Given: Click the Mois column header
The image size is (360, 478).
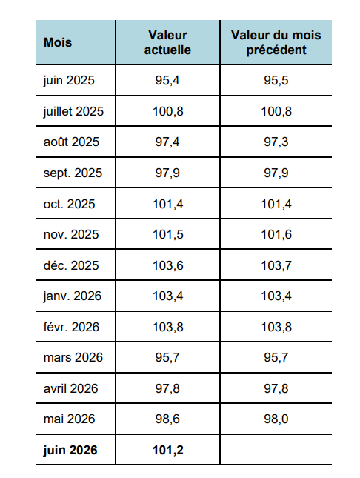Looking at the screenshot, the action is click(58, 42).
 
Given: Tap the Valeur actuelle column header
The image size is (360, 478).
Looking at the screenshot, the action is click(167, 42).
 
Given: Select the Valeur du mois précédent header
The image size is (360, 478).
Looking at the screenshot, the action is click(276, 42).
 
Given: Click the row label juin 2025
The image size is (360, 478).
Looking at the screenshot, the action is click(69, 81).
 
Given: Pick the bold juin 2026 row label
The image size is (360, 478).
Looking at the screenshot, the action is click(70, 450).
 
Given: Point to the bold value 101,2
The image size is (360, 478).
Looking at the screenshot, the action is click(168, 450).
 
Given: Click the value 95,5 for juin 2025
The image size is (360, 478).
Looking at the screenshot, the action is click(276, 80).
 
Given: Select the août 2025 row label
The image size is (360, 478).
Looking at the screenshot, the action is click(71, 142).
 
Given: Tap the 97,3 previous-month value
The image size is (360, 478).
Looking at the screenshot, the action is click(276, 142).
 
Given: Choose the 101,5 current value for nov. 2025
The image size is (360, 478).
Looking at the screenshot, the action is click(168, 234).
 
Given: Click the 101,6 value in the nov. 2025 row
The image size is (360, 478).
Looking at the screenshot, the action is click(276, 234).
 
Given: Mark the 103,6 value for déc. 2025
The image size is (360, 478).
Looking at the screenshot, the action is click(168, 265).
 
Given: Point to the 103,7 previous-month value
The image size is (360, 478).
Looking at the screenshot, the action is click(276, 265).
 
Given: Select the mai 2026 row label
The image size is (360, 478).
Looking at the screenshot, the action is click(69, 419).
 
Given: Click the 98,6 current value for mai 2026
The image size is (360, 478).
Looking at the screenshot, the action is click(167, 419).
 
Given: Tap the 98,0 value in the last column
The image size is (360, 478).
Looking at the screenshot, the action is click(276, 419).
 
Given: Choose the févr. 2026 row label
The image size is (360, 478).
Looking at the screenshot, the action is click(71, 327).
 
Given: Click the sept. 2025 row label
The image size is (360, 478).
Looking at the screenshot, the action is click(73, 173).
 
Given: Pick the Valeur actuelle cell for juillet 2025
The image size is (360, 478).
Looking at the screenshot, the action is click(168, 111).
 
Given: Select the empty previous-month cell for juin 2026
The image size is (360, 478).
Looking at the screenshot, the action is click(276, 450).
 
